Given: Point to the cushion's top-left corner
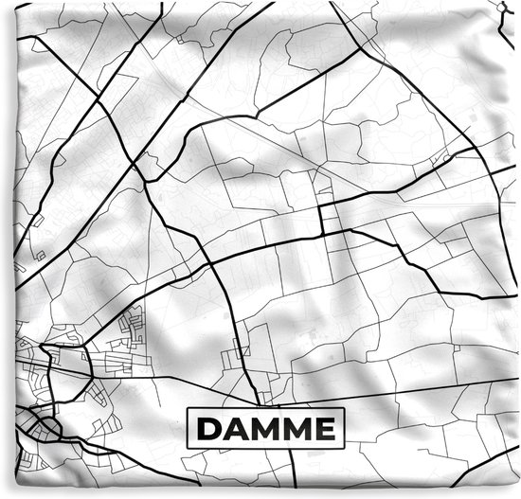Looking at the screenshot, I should pos(3,3).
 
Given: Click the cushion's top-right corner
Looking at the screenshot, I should pos(518,3).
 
